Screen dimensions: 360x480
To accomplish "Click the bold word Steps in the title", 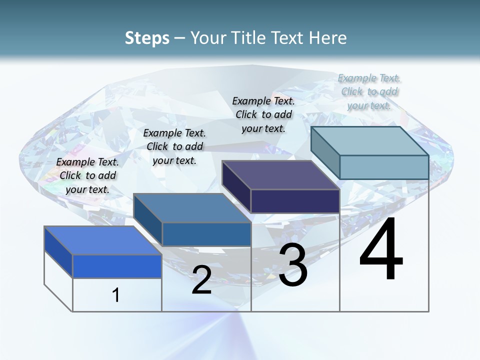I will click(147, 38).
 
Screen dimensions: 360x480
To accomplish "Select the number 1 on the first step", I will click(115, 295).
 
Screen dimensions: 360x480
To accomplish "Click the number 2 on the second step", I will click(201, 280).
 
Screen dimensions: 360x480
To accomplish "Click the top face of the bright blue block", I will click(102, 240).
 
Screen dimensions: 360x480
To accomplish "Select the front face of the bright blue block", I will click(117, 266).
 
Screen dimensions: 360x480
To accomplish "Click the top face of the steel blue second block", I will click(192, 208).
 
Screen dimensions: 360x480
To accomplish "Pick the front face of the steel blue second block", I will click(206, 234).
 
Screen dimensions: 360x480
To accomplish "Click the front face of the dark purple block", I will click(295, 201).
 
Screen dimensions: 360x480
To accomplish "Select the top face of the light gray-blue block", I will click(370, 141).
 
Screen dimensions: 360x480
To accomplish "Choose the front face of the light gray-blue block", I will click(384, 167).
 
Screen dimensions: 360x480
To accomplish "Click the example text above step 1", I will click(87, 175).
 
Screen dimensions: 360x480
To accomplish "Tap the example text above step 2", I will click(174, 146).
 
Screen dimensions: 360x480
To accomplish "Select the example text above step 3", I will click(263, 114).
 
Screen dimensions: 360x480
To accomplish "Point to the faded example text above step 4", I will click(369, 91).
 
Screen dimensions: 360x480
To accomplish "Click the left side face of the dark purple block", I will click(236, 186).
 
